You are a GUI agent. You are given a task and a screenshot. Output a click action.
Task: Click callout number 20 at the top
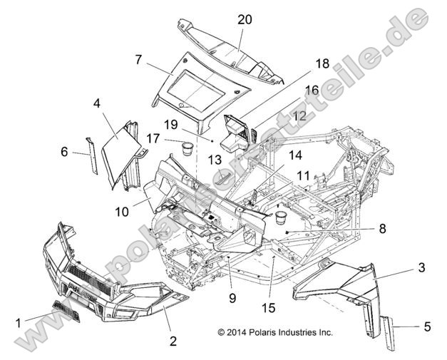[x=245, y=20]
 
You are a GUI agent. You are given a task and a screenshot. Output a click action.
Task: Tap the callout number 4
[x=96, y=103]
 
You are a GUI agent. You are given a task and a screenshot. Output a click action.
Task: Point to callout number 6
[x=63, y=152]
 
